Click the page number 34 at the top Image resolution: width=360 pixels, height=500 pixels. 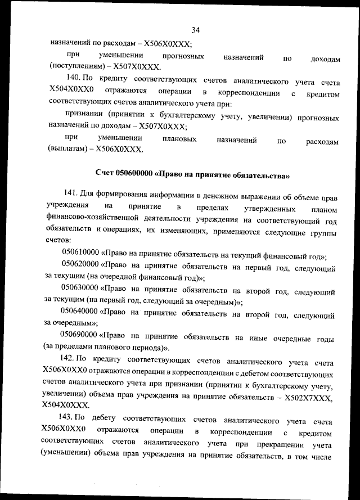196,30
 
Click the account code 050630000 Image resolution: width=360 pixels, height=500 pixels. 80,292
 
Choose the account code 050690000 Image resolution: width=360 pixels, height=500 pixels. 80,337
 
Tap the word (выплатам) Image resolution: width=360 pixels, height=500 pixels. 67,150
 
